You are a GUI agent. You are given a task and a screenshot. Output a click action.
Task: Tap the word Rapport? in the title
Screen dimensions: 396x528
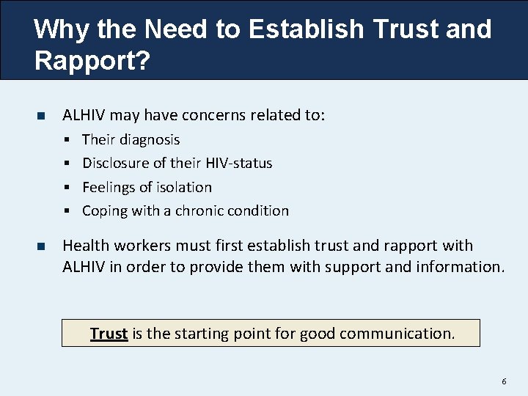click(x=91, y=61)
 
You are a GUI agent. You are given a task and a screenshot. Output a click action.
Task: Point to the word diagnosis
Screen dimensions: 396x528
click(x=150, y=139)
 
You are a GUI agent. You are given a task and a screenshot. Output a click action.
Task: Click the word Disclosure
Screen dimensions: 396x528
click(x=116, y=163)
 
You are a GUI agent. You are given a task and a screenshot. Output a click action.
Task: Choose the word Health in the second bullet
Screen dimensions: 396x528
click(x=87, y=246)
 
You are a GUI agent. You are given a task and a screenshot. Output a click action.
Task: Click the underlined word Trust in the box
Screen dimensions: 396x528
click(x=109, y=334)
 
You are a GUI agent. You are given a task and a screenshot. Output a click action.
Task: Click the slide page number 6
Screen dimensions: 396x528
click(x=504, y=381)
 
